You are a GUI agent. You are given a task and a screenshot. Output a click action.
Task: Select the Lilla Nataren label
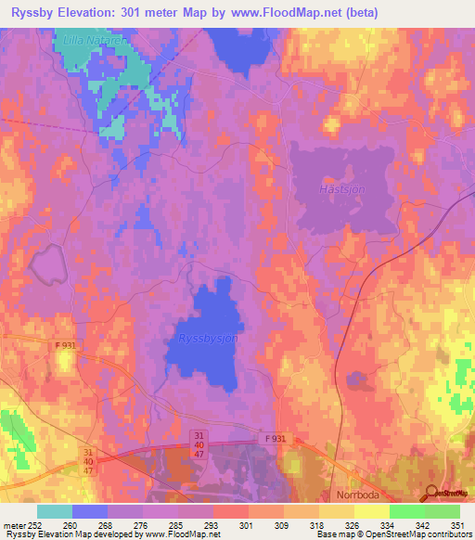coord(96,42)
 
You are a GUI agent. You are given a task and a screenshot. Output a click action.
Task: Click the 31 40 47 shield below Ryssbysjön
coord(200,444)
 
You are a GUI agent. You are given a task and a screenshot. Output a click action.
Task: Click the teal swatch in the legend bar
coord(54,510)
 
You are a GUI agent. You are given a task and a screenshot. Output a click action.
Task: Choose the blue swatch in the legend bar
coord(89,510)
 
